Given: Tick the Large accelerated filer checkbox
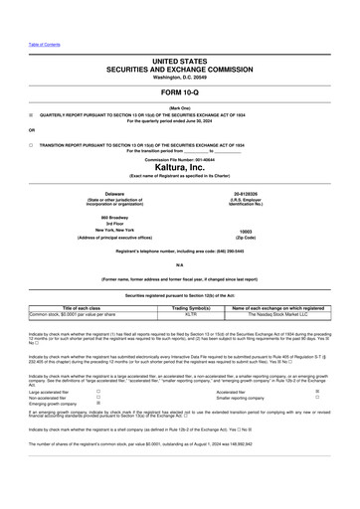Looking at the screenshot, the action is [x=97, y=392].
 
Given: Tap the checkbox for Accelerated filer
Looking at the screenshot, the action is [x=317, y=392].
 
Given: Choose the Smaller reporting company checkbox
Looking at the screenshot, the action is [x=317, y=398].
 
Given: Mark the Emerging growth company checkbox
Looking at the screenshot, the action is [x=97, y=404].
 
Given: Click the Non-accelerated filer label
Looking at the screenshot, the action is [x=50, y=398].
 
